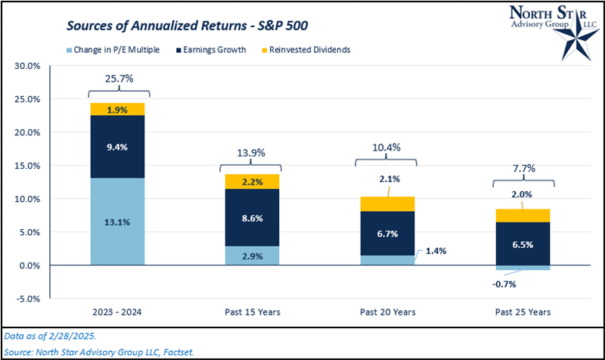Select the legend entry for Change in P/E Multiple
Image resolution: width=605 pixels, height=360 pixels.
point(114,49)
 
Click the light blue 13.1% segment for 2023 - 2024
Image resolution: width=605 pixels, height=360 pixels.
point(118,221)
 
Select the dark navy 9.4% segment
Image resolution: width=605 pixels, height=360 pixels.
point(118,147)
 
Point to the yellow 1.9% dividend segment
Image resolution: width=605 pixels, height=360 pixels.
point(118,109)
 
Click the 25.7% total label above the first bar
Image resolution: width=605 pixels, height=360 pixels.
point(118,78)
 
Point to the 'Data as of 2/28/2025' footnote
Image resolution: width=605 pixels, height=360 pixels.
point(47,334)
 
